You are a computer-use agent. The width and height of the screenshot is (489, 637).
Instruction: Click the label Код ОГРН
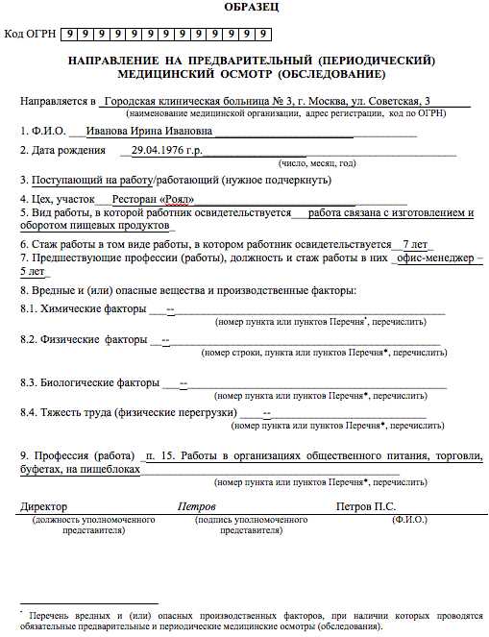pyautogui.click(x=29, y=35)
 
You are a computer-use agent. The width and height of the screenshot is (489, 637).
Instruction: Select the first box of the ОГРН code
pyautogui.click(x=71, y=35)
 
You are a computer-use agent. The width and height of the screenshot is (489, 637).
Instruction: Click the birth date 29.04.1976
pyautogui.click(x=162, y=151)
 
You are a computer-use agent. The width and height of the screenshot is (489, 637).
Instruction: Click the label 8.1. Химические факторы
pyautogui.click(x=82, y=309)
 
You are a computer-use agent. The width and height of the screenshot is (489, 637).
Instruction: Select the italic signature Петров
pyautogui.click(x=197, y=506)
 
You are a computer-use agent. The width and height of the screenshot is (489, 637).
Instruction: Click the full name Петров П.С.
pyautogui.click(x=365, y=506)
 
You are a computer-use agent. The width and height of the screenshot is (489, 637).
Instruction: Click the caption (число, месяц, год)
pyautogui.click(x=317, y=163)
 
